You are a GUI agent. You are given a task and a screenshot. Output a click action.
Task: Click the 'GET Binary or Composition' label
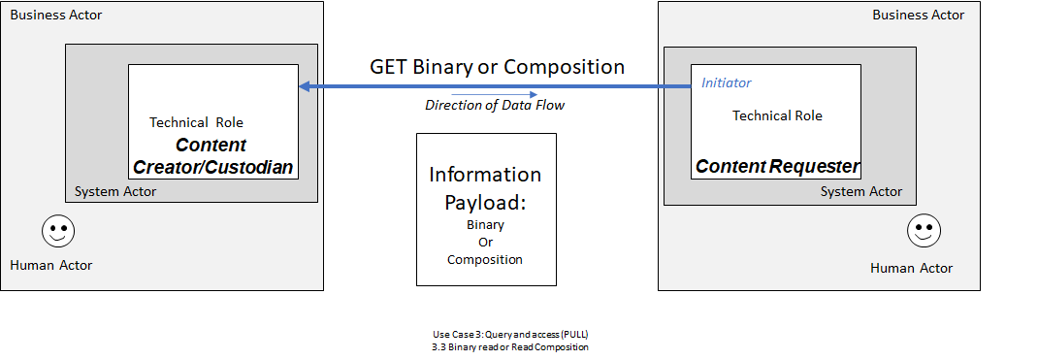point(497,67)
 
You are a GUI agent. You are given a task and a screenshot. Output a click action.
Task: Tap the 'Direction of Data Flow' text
point(495,105)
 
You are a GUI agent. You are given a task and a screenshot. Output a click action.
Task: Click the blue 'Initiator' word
point(726,83)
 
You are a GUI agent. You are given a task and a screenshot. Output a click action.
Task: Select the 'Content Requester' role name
point(777,166)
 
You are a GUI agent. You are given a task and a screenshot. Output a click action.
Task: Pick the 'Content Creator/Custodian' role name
point(211,155)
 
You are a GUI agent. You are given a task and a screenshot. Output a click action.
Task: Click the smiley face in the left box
point(58,232)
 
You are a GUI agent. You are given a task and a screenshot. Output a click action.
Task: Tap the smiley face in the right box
point(924,231)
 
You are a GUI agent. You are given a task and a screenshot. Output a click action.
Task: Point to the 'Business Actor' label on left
point(55,16)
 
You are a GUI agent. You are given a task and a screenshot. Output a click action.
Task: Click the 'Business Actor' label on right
point(919,15)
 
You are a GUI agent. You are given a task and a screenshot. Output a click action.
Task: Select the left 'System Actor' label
point(115,191)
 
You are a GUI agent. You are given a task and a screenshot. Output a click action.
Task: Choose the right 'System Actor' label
point(861,192)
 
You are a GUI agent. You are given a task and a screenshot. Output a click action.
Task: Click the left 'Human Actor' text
point(50,265)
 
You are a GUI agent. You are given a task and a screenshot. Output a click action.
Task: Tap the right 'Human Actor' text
point(911,268)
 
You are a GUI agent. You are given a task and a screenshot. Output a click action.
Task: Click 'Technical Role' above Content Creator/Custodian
point(196,122)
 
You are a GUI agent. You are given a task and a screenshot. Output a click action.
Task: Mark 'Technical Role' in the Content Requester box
point(777,115)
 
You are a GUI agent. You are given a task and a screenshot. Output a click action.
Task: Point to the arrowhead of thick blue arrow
point(305,87)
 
